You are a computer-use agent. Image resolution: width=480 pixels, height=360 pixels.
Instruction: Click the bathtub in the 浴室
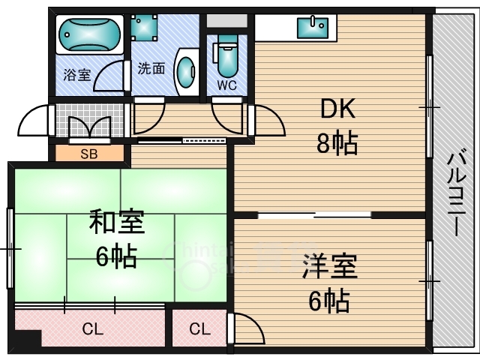pyautogui.click(x=89, y=35)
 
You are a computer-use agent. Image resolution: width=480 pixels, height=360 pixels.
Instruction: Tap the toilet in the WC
pyautogui.click(x=226, y=55)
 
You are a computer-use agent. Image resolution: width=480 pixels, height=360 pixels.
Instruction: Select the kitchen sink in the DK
pyautogui.click(x=313, y=28)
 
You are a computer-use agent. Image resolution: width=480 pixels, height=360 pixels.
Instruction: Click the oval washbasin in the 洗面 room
pyautogui.click(x=186, y=72)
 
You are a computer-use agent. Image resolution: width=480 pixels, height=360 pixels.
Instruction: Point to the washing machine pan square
pyautogui.click(x=144, y=28)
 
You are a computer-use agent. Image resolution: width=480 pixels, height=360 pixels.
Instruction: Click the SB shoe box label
pyautogui.click(x=89, y=154)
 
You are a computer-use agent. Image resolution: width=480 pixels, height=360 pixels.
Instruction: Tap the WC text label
pyautogui.click(x=226, y=85)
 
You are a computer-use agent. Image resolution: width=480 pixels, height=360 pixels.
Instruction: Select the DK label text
pyautogui.click(x=337, y=108)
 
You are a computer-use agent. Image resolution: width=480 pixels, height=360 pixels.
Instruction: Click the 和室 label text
pyautogui.click(x=117, y=222)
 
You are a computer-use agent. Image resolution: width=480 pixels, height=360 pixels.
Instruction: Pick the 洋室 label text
pyautogui.click(x=330, y=266)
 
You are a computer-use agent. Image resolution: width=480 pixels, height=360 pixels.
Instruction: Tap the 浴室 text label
pyautogui.click(x=77, y=74)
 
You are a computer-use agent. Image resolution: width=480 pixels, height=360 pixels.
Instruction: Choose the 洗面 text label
pyautogui.click(x=151, y=68)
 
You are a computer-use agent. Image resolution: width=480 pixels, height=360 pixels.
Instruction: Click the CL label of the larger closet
pyautogui.click(x=92, y=330)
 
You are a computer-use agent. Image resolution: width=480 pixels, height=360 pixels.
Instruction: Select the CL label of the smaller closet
pyautogui.click(x=199, y=329)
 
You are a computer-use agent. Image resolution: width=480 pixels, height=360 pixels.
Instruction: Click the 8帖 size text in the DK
pyautogui.click(x=337, y=142)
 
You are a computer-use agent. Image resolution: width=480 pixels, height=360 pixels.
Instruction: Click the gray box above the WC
pyautogui.click(x=226, y=20)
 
